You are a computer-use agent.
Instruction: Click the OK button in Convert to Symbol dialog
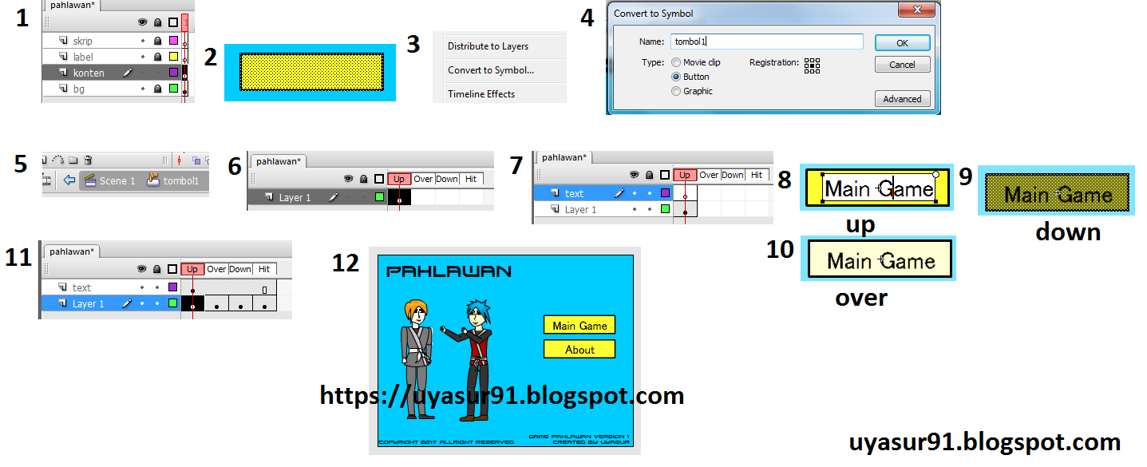tap(902, 43)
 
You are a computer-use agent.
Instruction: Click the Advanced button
tap(902, 99)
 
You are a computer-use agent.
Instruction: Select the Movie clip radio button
tap(677, 62)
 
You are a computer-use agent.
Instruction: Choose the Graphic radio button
tap(677, 91)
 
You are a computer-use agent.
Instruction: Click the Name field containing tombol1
tap(766, 42)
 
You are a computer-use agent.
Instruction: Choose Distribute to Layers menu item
tap(488, 46)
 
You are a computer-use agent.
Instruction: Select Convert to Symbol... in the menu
tap(491, 70)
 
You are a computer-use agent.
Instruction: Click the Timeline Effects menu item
tap(481, 94)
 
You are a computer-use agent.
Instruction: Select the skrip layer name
tap(82, 41)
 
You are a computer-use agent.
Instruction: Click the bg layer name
tap(78, 89)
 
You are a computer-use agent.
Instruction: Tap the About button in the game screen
tap(579, 350)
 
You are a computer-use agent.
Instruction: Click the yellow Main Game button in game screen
tap(579, 326)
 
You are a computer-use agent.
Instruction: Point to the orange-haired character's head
tap(417, 312)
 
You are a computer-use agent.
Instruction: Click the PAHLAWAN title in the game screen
tap(449, 272)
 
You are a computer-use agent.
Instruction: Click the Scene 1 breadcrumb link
tap(117, 181)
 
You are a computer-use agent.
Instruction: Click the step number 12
tap(346, 263)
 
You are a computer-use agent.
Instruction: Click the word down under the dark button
tap(1068, 232)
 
